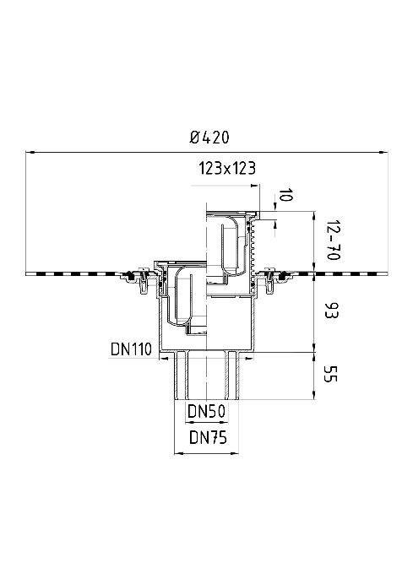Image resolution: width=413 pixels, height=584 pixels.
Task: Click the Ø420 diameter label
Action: (209, 138)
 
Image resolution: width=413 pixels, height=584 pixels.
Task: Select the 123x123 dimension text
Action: (227, 168)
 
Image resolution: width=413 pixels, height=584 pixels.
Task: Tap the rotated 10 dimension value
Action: (286, 195)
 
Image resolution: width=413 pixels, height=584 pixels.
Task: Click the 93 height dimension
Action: (331, 311)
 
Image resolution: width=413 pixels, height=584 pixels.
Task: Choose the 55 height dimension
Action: (330, 374)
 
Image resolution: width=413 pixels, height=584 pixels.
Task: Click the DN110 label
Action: (131, 349)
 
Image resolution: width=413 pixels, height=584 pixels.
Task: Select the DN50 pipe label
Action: (206, 412)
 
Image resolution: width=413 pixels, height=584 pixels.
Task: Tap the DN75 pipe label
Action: (208, 437)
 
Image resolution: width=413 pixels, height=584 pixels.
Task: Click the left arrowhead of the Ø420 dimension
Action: (30, 152)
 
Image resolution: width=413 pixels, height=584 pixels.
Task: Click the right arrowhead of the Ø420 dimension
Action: (383, 152)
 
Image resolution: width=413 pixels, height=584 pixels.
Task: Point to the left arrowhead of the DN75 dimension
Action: (179, 453)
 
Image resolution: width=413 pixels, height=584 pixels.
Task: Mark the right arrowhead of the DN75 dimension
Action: (235, 453)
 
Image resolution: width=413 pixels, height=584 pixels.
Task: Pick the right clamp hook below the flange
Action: (269, 280)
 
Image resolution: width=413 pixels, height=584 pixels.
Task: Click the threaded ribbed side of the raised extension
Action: (255, 246)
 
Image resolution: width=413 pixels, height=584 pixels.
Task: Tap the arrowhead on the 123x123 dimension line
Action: (255, 185)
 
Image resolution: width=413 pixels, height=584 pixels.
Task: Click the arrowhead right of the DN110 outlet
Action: (249, 359)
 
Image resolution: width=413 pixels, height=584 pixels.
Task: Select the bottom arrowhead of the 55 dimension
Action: (314, 395)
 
